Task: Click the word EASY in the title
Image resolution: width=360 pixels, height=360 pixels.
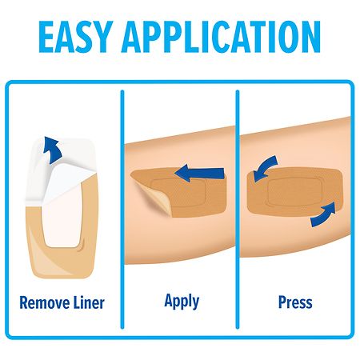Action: coord(75,37)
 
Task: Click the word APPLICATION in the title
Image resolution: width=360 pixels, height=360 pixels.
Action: coord(221,37)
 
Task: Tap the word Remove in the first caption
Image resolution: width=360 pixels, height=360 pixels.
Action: coord(44,302)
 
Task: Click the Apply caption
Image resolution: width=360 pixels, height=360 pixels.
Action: coord(182,302)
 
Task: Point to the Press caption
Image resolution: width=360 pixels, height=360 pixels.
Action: coord(295,302)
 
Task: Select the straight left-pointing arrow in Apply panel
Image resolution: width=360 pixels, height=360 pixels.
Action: coord(199,174)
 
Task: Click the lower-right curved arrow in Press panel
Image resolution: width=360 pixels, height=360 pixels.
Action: coord(323,216)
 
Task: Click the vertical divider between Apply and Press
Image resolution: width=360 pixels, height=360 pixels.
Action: coord(238,210)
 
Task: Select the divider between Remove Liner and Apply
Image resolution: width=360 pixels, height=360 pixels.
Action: coord(122,210)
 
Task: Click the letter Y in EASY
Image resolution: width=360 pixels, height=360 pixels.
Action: coord(102,37)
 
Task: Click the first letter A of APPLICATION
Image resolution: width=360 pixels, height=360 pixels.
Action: coord(132,37)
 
